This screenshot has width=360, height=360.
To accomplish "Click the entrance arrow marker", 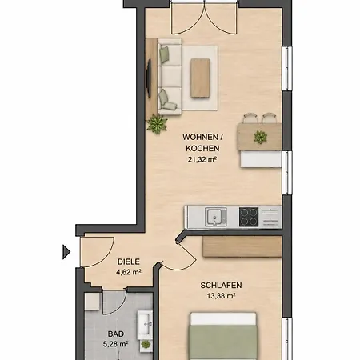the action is tap(66, 252).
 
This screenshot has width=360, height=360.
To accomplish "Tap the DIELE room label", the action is tap(129, 262).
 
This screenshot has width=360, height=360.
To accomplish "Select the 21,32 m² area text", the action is tap(202, 159).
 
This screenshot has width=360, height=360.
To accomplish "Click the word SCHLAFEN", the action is tap(221, 285).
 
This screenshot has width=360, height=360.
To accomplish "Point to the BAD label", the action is tap(116, 334).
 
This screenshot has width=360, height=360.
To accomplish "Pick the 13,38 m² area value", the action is tap(221, 295).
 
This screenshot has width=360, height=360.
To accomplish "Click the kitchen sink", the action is tap(216, 217).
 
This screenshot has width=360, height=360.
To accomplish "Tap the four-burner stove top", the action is tap(249, 217).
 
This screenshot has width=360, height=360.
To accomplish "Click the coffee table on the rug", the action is tap(200, 78).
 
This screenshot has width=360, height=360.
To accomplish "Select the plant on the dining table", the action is tap(260, 137).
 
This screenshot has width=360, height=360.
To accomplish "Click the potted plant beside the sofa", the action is tap(158, 124).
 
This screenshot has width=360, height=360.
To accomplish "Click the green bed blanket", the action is tap(223, 342).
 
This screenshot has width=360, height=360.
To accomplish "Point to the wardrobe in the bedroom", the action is tap(242, 246).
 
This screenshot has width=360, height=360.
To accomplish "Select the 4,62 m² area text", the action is tap(129, 272).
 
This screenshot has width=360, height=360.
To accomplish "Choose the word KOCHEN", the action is tap(202, 148).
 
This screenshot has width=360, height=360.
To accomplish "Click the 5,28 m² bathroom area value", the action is tap(116, 344).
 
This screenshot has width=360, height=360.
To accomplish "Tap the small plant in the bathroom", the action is tap(146, 345).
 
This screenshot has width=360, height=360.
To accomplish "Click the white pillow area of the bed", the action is tap(223, 318).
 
